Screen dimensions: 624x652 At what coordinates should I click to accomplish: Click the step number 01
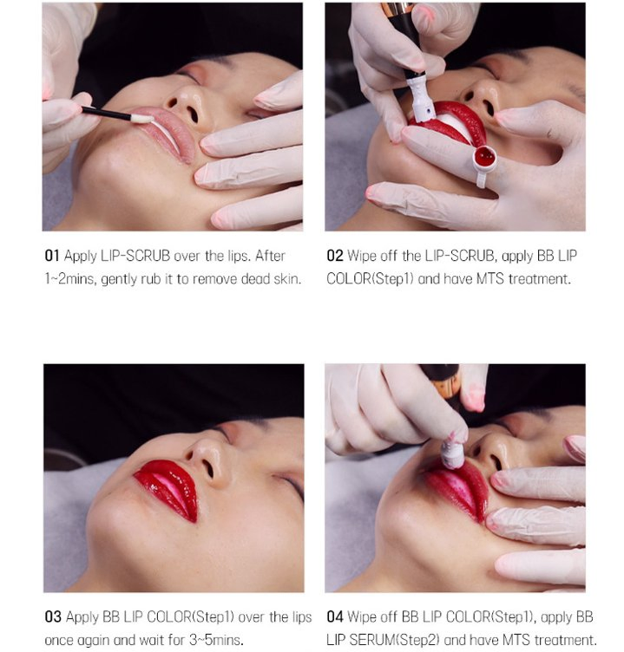pos(51,255)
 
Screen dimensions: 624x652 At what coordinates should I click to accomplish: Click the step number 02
pos(335,255)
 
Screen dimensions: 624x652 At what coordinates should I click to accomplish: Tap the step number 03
pos(53,616)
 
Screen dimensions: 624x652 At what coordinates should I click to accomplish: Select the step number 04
pos(335,616)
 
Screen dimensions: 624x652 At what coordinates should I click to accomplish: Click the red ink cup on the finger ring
pos(485,158)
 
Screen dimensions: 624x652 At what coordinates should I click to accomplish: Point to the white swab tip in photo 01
pos(141,119)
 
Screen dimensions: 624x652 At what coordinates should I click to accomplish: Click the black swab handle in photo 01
pos(106,113)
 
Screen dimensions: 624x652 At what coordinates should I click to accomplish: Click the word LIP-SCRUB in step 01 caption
pos(135,255)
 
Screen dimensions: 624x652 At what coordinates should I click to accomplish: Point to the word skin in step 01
pos(287,278)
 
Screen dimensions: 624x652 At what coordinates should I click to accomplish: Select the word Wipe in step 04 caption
pos(361,616)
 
